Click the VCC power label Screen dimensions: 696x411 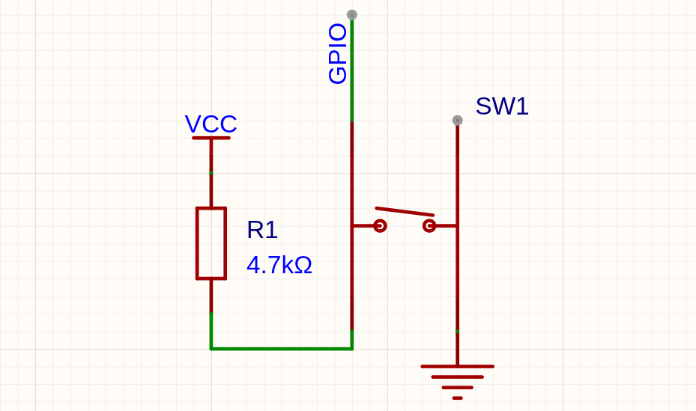tap(211, 124)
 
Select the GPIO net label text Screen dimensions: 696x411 tap(337, 54)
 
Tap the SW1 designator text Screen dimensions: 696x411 tap(502, 106)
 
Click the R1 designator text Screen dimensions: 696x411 tap(262, 230)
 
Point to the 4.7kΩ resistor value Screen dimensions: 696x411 tap(279, 265)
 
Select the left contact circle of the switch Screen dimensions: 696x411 tap(380, 225)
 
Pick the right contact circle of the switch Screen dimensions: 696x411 tap(429, 225)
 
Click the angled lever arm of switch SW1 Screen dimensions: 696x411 tap(405, 211)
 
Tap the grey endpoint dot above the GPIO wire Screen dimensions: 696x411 tap(352, 15)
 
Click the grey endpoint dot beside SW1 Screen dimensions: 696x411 tap(458, 120)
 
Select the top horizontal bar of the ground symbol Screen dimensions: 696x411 tap(458, 367)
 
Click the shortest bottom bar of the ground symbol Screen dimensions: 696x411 tap(458, 398)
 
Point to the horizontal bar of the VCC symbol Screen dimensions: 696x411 tap(211, 138)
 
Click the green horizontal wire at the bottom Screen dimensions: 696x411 tap(282, 349)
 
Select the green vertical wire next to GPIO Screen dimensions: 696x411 tap(352, 69)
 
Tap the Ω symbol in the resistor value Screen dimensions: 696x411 tap(303, 265)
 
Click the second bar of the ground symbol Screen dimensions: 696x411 tap(458, 377)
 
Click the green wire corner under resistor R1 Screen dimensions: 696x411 tap(211, 349)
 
